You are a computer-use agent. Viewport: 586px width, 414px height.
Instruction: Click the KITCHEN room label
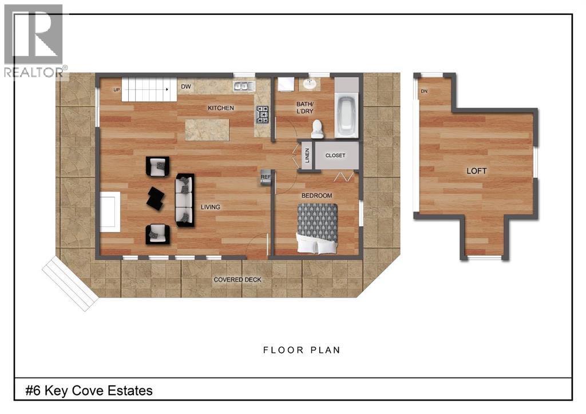[221, 108]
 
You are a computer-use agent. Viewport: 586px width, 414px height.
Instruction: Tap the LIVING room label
[210, 207]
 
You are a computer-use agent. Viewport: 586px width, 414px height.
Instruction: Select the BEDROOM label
[316, 196]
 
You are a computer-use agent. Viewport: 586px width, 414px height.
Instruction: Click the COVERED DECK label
[237, 280]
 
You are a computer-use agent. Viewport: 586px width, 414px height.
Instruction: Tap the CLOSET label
[335, 156]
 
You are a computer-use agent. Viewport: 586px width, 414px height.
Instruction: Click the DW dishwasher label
[185, 87]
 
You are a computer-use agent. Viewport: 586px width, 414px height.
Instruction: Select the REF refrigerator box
[266, 177]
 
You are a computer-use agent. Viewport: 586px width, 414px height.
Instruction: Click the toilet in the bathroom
[318, 129]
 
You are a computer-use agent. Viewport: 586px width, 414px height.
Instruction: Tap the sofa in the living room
[185, 200]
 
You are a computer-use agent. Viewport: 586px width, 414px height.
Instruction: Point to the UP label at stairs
[117, 90]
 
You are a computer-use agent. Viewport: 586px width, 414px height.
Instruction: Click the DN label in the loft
[424, 91]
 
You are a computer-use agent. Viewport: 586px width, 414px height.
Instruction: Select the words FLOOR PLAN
[302, 350]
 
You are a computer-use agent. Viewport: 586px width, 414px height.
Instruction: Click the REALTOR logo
[34, 41]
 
